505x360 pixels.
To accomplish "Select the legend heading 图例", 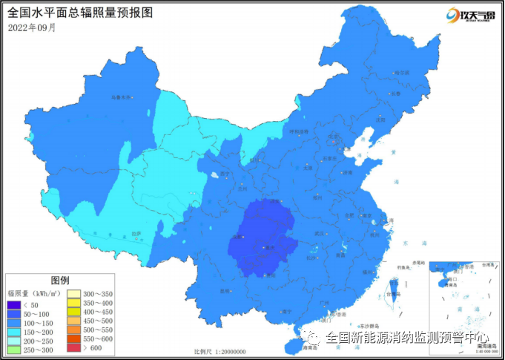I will click(60, 281).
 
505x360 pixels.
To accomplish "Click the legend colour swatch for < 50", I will click(14, 305).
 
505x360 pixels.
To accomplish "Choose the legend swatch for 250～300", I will click(14, 348).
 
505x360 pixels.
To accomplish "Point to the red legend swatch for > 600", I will click(75, 347).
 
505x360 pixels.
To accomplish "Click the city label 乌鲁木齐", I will click(120, 96).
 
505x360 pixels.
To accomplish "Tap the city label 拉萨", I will click(136, 235).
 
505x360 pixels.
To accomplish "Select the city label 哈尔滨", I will click(401, 73).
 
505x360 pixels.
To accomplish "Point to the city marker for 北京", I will click(326, 138).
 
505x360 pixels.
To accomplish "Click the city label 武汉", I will click(320, 234).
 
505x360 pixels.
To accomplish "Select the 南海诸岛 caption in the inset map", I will click(486, 346).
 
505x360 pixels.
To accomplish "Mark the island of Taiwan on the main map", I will click(390, 291).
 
